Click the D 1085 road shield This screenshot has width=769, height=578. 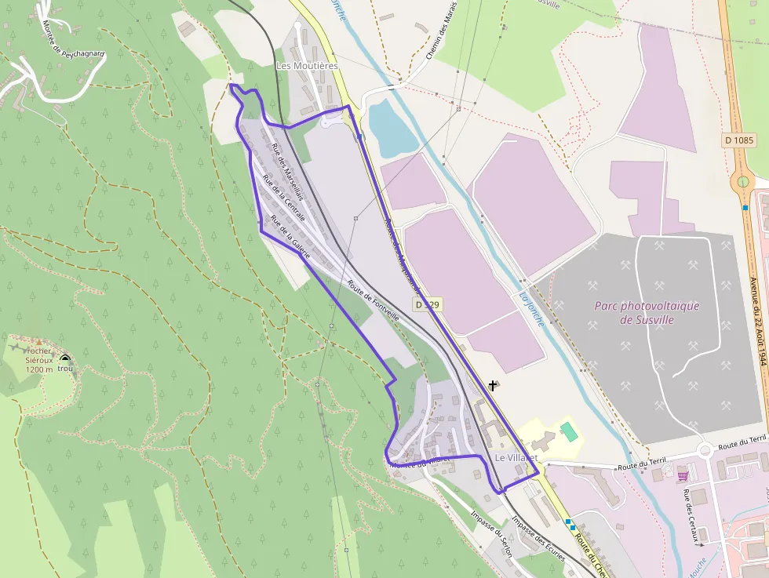click(x=739, y=140)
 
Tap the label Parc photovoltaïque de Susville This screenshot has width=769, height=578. click(x=647, y=313)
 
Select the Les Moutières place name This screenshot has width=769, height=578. click(x=306, y=66)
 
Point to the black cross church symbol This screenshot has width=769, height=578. click(x=493, y=385)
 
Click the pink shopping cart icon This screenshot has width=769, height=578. click(x=683, y=474)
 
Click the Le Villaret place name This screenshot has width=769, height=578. click(x=516, y=457)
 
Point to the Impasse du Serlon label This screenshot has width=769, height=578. click(x=491, y=534)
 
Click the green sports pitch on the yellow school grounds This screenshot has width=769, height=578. click(x=567, y=431)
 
